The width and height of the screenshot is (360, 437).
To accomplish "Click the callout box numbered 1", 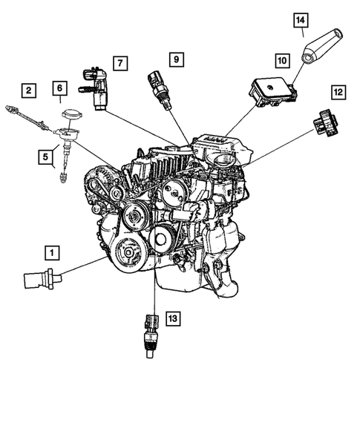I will tap(52, 253).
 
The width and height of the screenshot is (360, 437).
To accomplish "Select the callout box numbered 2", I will tap(28, 91).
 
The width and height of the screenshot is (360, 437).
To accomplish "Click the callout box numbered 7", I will tap(120, 65).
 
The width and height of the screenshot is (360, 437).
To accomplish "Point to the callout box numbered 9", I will tap(176, 58).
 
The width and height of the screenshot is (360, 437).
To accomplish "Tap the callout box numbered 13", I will tap(172, 318).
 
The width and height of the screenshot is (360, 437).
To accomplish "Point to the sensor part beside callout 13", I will tap(150, 335).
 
